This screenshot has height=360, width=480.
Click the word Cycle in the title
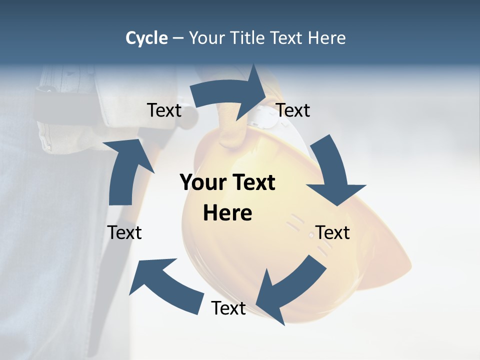pyautogui.click(x=146, y=38)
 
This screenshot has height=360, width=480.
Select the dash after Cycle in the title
pyautogui.click(x=178, y=38)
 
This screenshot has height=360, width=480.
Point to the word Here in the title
pyautogui.click(x=326, y=38)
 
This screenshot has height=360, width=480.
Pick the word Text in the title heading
pyautogui.click(x=287, y=38)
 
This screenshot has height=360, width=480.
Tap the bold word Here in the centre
pyautogui.click(x=227, y=213)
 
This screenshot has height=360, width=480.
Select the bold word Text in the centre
pyautogui.click(x=252, y=182)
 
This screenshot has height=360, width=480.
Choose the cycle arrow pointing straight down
pyautogui.click(x=332, y=172)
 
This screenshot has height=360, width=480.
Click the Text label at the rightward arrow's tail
pyautogui.click(x=164, y=110)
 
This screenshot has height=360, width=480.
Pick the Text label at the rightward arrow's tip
pyautogui.click(x=293, y=110)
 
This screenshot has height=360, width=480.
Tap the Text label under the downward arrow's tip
pyautogui.click(x=332, y=232)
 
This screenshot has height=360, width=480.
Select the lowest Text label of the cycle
pyautogui.click(x=228, y=308)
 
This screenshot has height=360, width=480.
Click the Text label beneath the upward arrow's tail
pyautogui.click(x=124, y=232)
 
